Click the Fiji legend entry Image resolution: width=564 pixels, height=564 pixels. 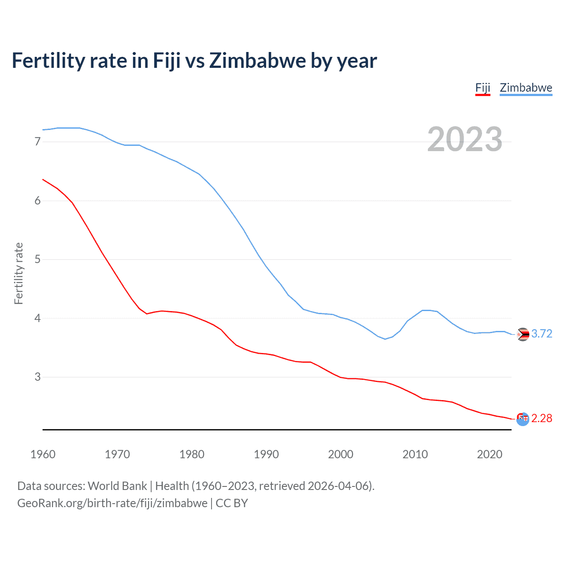click(482, 88)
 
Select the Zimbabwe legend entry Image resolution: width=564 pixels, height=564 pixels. click(526, 88)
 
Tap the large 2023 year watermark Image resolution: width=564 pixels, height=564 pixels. click(464, 139)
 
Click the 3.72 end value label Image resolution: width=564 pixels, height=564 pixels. click(542, 334)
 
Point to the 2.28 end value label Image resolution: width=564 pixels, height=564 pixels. click(542, 418)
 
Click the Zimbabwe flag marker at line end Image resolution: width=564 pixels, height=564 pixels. click(523, 334)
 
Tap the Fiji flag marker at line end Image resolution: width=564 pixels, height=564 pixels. click(523, 419)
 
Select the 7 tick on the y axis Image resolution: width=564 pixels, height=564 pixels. click(37, 141)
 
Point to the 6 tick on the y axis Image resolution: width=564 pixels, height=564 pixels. click(37, 200)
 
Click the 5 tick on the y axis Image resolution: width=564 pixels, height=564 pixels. click(37, 259)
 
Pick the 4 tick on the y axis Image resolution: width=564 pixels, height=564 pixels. click(37, 318)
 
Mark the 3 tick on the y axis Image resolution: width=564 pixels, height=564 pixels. click(37, 377)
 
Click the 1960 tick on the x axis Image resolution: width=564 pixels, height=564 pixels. click(43, 454)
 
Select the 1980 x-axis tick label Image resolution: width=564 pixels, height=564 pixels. click(192, 454)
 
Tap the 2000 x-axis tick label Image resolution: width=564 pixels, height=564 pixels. click(341, 454)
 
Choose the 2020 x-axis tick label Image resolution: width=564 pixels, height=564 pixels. click(490, 454)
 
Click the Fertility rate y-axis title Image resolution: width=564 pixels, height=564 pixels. click(19, 273)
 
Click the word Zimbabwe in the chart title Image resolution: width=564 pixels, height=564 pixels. click(257, 61)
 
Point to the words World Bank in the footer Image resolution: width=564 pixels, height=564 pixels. click(117, 486)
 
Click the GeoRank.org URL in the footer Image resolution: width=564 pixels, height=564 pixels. click(112, 503)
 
